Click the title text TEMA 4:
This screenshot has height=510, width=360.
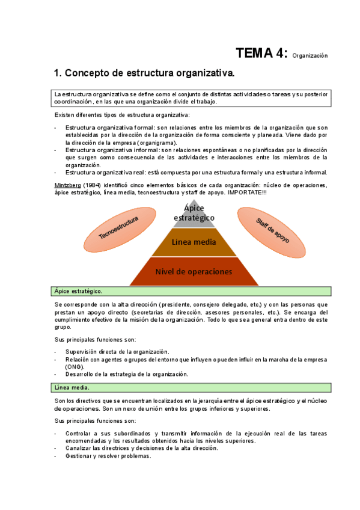tap(261, 54)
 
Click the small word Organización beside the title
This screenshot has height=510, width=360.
tap(310, 56)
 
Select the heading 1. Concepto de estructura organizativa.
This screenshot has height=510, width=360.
tap(144, 73)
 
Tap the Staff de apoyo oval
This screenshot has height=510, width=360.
tap(272, 230)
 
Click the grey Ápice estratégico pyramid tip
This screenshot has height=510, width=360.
tap(194, 213)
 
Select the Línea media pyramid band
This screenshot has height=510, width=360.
tap(194, 242)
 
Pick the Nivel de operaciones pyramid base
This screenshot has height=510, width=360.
tap(194, 271)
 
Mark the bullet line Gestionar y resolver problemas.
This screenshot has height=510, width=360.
tap(108, 456)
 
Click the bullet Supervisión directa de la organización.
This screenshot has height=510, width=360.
tap(117, 351)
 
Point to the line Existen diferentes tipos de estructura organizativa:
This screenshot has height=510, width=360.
tap(122, 114)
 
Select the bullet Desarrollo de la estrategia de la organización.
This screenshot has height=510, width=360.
tap(127, 373)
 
